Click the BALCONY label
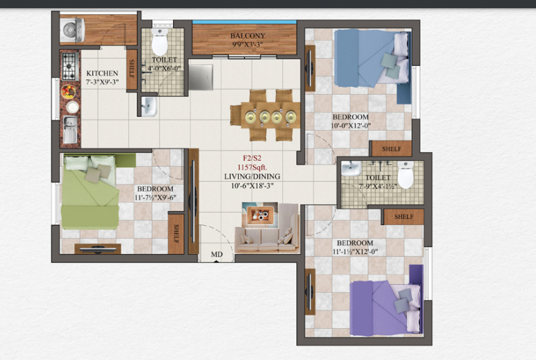pos(246,36)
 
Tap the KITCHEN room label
pos(102,73)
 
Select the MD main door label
pos(216,255)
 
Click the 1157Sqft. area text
pos(249,167)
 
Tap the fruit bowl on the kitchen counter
pos(69,91)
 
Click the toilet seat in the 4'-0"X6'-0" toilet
pos(160,43)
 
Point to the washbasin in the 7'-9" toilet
pos(351,168)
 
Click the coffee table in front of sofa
pos(260,214)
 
